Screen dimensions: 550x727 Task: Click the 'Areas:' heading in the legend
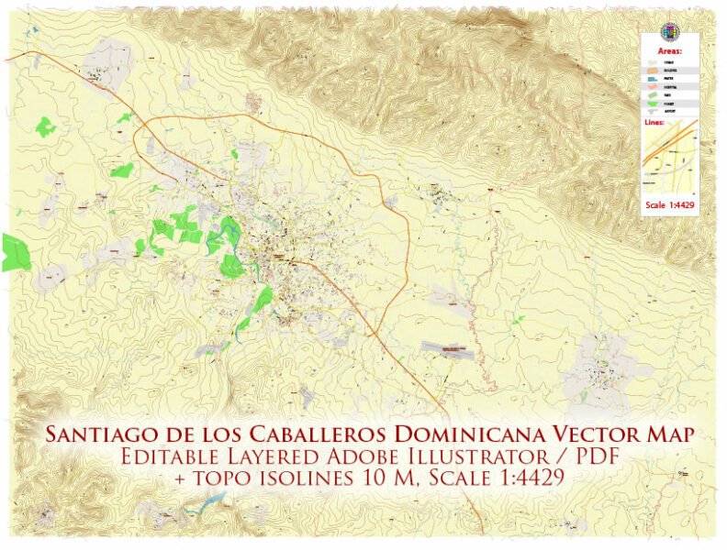pos(670,51)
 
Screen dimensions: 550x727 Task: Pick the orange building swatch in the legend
pos(653,71)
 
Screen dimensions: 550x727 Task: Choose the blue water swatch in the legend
pos(653,81)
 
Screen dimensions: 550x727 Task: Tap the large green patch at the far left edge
pos(14,252)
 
